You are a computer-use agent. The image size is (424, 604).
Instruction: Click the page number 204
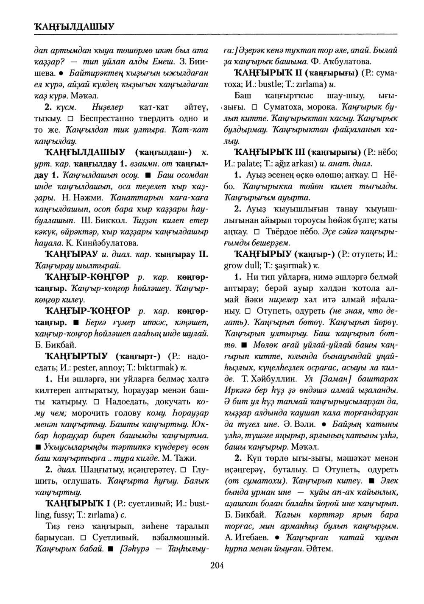pyautogui.click(x=216, y=565)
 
